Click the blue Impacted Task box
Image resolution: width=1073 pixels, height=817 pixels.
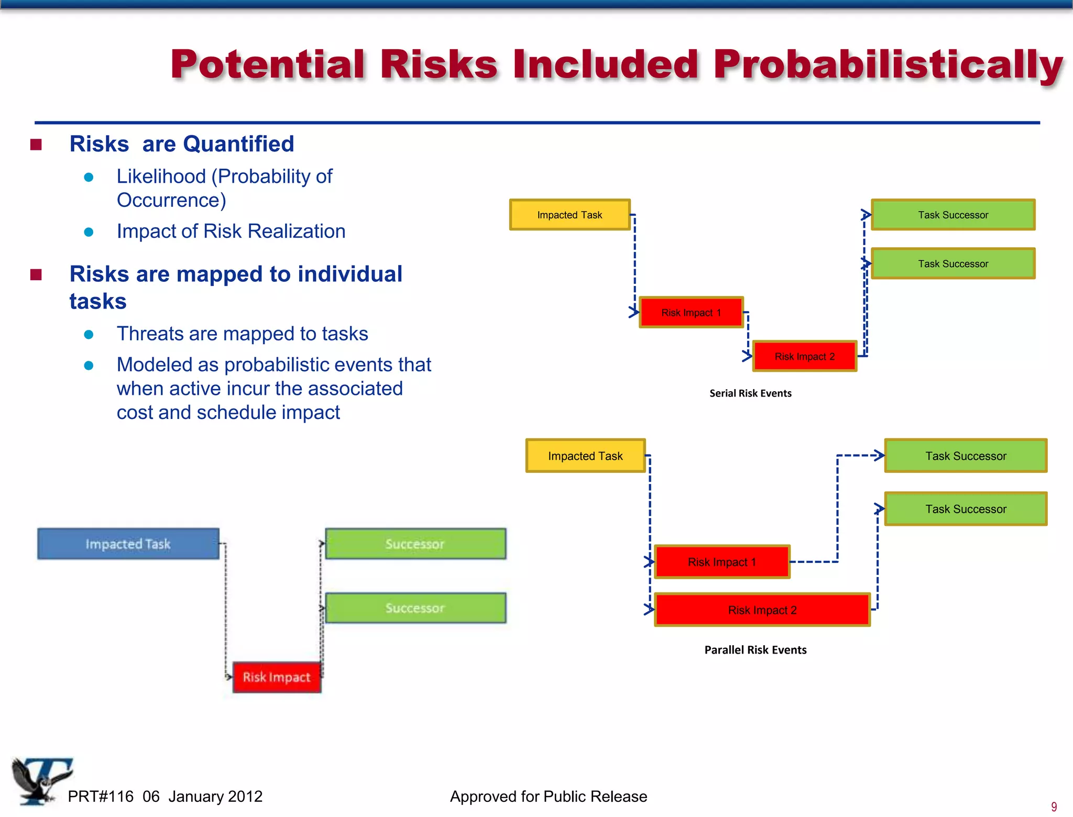[128, 544]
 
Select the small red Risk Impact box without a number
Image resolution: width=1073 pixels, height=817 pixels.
[277, 677]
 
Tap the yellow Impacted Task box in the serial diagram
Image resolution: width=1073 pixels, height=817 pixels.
[570, 215]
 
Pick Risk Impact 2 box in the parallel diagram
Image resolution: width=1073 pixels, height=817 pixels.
[762, 610]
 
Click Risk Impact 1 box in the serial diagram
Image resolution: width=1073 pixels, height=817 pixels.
[691, 313]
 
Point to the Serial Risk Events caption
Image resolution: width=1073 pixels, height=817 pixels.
[750, 393]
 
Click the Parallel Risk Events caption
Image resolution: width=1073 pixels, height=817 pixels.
[755, 650]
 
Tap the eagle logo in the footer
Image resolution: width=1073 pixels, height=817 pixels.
[39, 780]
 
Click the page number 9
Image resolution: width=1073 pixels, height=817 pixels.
[1054, 807]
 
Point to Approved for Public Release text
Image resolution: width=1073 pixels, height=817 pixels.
[548, 797]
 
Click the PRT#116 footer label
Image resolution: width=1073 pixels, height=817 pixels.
[101, 797]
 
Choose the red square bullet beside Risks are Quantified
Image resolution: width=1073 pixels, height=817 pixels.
[36, 145]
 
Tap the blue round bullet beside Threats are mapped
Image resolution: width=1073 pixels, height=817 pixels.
[89, 335]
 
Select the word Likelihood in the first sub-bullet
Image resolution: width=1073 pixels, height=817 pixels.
[161, 176]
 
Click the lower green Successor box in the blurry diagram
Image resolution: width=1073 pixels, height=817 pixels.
[415, 608]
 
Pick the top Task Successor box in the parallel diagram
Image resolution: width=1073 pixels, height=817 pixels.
[966, 456]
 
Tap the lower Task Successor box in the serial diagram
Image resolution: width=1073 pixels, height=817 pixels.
[953, 263]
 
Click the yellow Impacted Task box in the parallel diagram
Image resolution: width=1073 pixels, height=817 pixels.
[585, 456]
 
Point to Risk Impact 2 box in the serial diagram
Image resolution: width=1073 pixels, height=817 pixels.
[804, 357]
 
